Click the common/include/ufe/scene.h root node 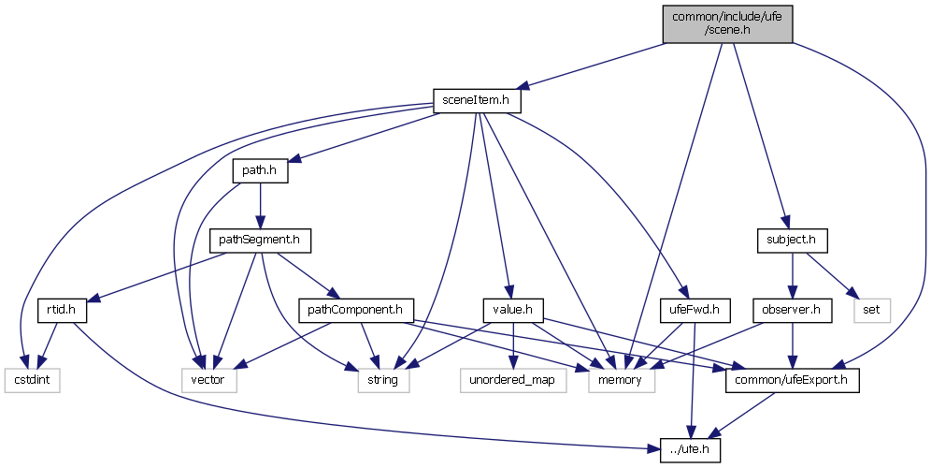click(726, 22)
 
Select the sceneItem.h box click(476, 99)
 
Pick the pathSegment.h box click(260, 241)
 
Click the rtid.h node click(56, 308)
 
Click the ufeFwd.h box click(693, 308)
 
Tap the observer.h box click(793, 308)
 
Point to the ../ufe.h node click(691, 448)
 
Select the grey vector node click(209, 381)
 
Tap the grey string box click(383, 381)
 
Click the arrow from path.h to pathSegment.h click(260, 206)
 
